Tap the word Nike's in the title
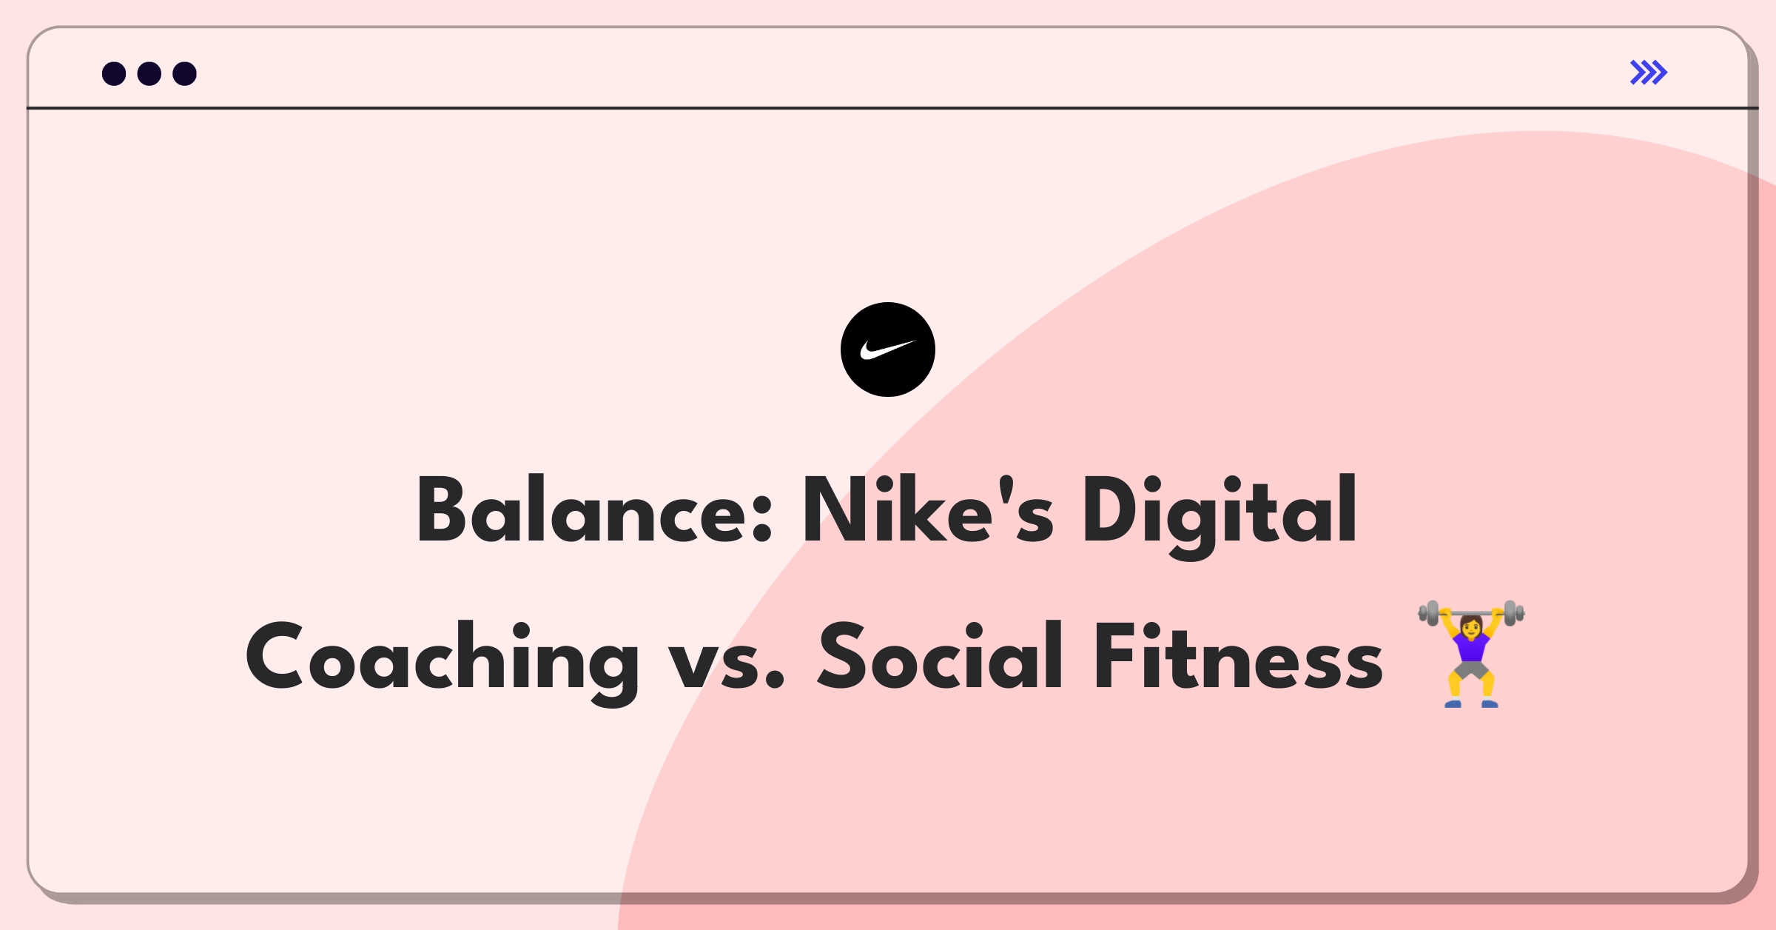coord(928,509)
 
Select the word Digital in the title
coord(1220,515)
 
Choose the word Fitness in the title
coord(1239,656)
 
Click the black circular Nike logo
coord(888,349)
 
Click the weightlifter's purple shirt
coord(1471,646)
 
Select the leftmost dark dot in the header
coord(114,73)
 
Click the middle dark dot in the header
coord(149,73)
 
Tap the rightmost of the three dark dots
coord(184,73)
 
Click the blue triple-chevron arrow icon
coord(1649,73)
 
